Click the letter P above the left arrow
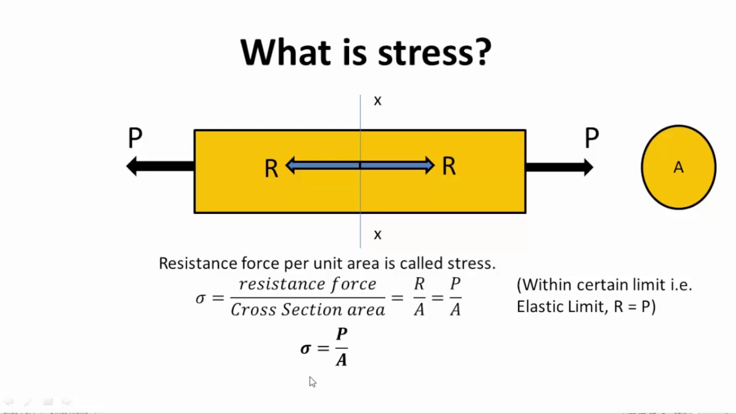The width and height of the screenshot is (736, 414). pyautogui.click(x=135, y=138)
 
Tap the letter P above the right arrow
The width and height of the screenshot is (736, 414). pyautogui.click(x=592, y=138)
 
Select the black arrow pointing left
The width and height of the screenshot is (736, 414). pyautogui.click(x=160, y=166)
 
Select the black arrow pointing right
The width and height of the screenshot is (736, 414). pyautogui.click(x=559, y=167)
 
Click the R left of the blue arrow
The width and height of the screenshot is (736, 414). pyautogui.click(x=271, y=169)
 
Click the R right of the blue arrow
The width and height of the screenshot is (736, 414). pyautogui.click(x=449, y=166)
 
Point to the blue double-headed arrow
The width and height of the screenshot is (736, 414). pyautogui.click(x=360, y=165)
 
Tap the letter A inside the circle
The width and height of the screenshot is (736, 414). pyautogui.click(x=678, y=167)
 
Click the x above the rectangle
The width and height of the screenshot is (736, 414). pyautogui.click(x=378, y=101)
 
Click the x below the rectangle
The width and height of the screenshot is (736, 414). pyautogui.click(x=378, y=235)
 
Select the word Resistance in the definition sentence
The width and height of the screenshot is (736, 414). pyautogui.click(x=198, y=263)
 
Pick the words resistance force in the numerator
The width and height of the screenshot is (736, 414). pyautogui.click(x=308, y=284)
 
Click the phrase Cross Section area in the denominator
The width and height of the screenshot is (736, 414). pyautogui.click(x=308, y=310)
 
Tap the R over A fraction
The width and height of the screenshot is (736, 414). pyautogui.click(x=419, y=297)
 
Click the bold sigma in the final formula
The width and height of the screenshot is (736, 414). pyautogui.click(x=305, y=348)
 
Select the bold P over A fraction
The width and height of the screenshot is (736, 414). pyautogui.click(x=342, y=347)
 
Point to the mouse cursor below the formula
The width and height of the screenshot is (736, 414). pyautogui.click(x=312, y=382)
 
